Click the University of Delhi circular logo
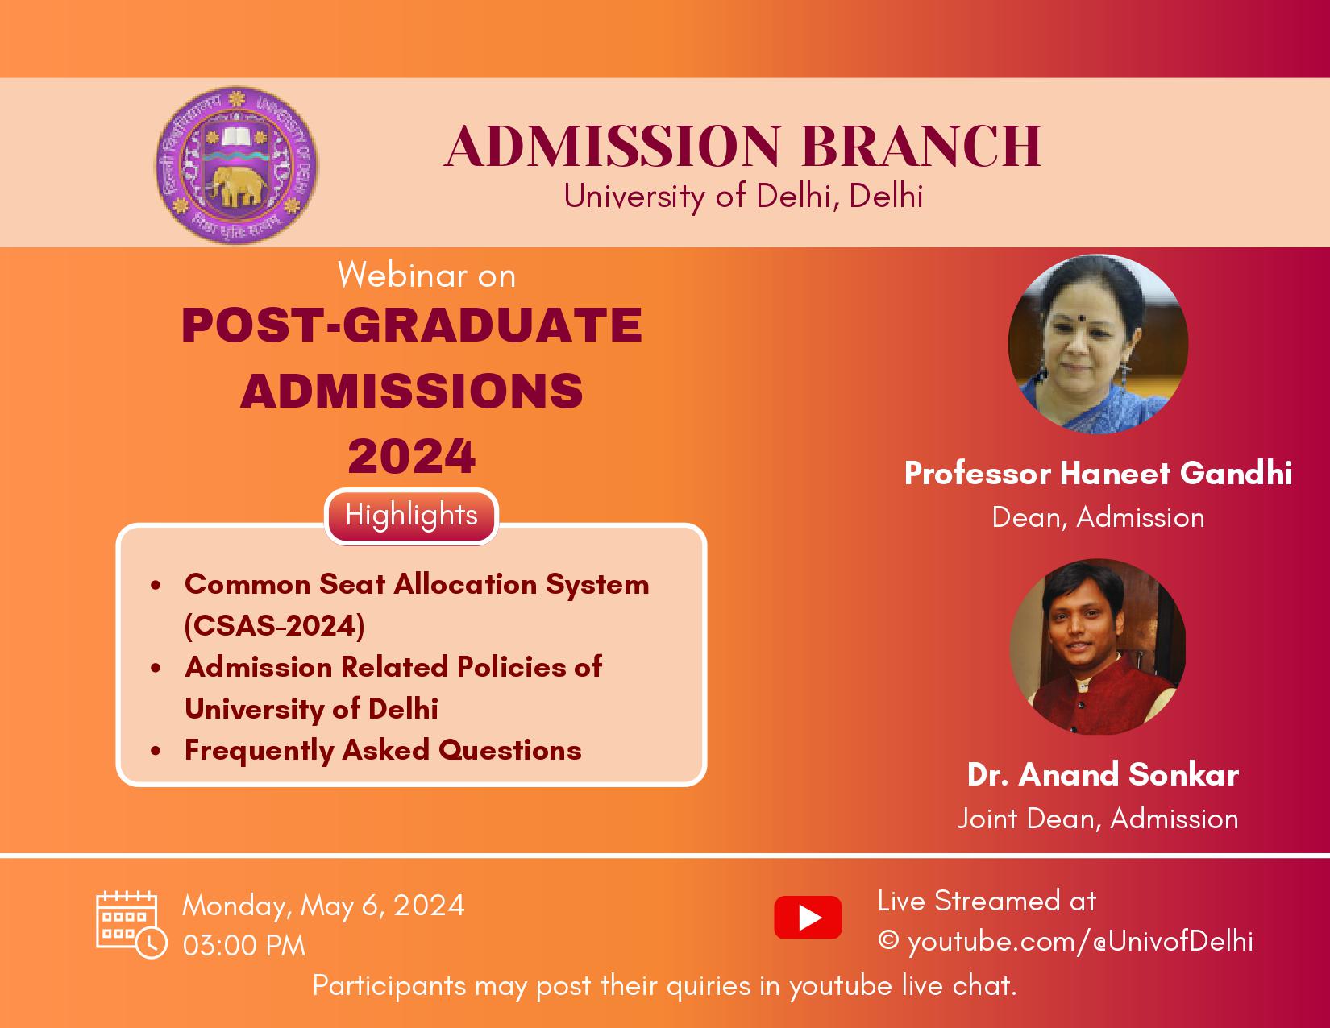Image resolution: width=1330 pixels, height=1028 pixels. click(236, 165)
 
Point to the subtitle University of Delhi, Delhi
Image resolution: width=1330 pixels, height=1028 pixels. click(743, 197)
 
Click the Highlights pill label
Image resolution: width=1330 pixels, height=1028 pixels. click(411, 516)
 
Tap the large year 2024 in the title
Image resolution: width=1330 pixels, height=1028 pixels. click(411, 456)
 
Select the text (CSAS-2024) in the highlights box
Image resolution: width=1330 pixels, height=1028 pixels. click(274, 626)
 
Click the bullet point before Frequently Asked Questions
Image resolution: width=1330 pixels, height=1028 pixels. click(156, 750)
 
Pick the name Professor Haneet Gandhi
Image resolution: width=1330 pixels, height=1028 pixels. click(1098, 473)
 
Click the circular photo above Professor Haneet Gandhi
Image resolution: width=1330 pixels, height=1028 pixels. click(1098, 344)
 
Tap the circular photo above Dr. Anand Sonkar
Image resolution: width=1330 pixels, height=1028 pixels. click(1097, 646)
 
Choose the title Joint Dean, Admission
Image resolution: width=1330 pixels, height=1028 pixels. click(1098, 819)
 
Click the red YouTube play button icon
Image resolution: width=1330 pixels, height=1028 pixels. click(808, 918)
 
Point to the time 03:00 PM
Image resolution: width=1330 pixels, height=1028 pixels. click(243, 946)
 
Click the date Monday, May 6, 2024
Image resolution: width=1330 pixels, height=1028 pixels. click(323, 906)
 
